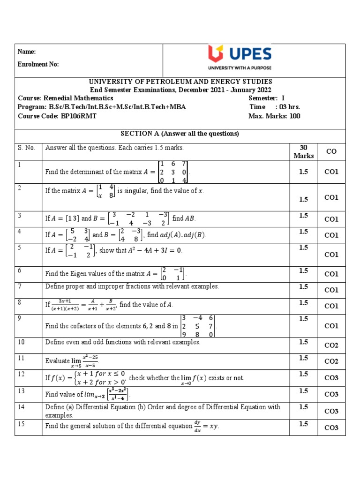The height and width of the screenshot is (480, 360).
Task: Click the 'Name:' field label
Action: (x=27, y=52)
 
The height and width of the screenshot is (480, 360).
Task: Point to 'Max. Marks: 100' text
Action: (x=274, y=116)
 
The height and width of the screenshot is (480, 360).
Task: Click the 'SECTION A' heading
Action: (x=180, y=134)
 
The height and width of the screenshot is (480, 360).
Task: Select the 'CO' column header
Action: (x=331, y=151)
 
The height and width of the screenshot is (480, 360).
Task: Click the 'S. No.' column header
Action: (x=27, y=148)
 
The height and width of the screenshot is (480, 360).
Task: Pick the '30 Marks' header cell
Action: (x=303, y=151)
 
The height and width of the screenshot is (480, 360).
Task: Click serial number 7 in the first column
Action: (x=20, y=286)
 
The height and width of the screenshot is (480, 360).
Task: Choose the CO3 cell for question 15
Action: (x=331, y=427)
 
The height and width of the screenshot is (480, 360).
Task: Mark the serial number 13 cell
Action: (x=21, y=390)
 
